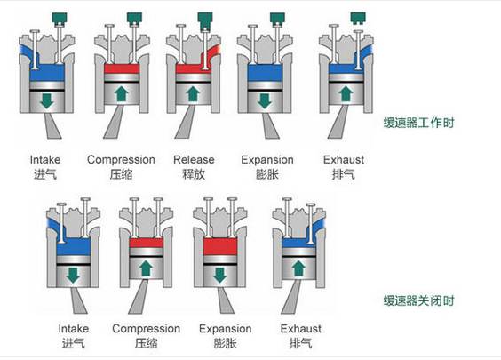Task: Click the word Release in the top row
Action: [194, 159]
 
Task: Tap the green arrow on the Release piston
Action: [193, 94]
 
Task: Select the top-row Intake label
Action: [45, 159]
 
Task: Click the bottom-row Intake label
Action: [73, 329]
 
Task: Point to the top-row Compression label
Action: [121, 159]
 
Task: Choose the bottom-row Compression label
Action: [146, 329]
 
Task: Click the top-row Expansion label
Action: [267, 159]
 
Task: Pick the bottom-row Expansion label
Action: [225, 329]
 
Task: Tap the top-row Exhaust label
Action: [344, 159]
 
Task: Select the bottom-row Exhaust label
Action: [300, 329]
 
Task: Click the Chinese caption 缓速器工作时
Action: [418, 123]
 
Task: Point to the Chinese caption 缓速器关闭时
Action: [418, 300]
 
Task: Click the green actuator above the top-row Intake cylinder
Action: [60, 20]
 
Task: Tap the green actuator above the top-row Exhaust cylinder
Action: [358, 19]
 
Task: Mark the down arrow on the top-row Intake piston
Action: [47, 100]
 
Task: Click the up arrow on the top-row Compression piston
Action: [122, 94]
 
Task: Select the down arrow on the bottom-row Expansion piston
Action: [219, 275]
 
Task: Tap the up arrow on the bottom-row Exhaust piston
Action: [298, 268]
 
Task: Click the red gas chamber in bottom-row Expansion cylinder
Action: [219, 246]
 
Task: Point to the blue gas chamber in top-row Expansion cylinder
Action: [265, 73]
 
